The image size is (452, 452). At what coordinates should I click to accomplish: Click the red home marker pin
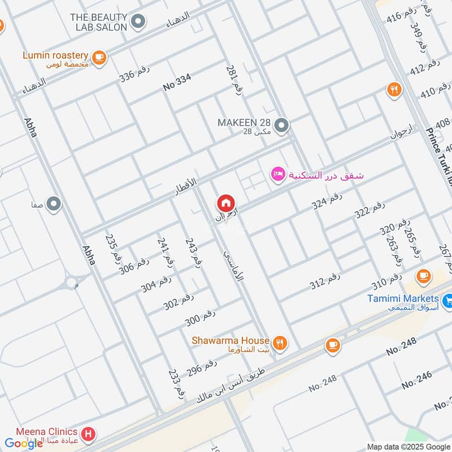click(225, 203)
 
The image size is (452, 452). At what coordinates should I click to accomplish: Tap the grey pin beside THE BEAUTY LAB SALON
click(138, 22)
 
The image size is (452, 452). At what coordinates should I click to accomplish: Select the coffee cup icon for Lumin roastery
click(99, 56)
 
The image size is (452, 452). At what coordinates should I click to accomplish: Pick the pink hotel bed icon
click(277, 174)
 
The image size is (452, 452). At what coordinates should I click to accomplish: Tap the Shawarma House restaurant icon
click(279, 342)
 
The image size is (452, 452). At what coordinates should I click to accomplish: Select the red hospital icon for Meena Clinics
click(88, 434)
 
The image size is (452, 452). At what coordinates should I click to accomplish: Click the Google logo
click(24, 444)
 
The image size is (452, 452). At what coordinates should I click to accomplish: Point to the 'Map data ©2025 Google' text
click(408, 446)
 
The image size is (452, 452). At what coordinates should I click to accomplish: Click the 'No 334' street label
click(177, 82)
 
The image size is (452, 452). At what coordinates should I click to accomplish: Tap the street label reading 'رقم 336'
click(134, 74)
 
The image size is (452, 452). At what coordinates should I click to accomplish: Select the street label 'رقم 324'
click(327, 201)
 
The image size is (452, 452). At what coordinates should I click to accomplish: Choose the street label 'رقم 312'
click(325, 281)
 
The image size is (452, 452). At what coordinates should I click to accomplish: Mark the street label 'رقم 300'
click(200, 319)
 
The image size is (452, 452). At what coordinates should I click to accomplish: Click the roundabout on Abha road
click(72, 281)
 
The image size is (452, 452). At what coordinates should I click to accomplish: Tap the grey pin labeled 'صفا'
click(54, 203)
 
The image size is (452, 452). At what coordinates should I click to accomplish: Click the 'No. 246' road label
click(417, 380)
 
